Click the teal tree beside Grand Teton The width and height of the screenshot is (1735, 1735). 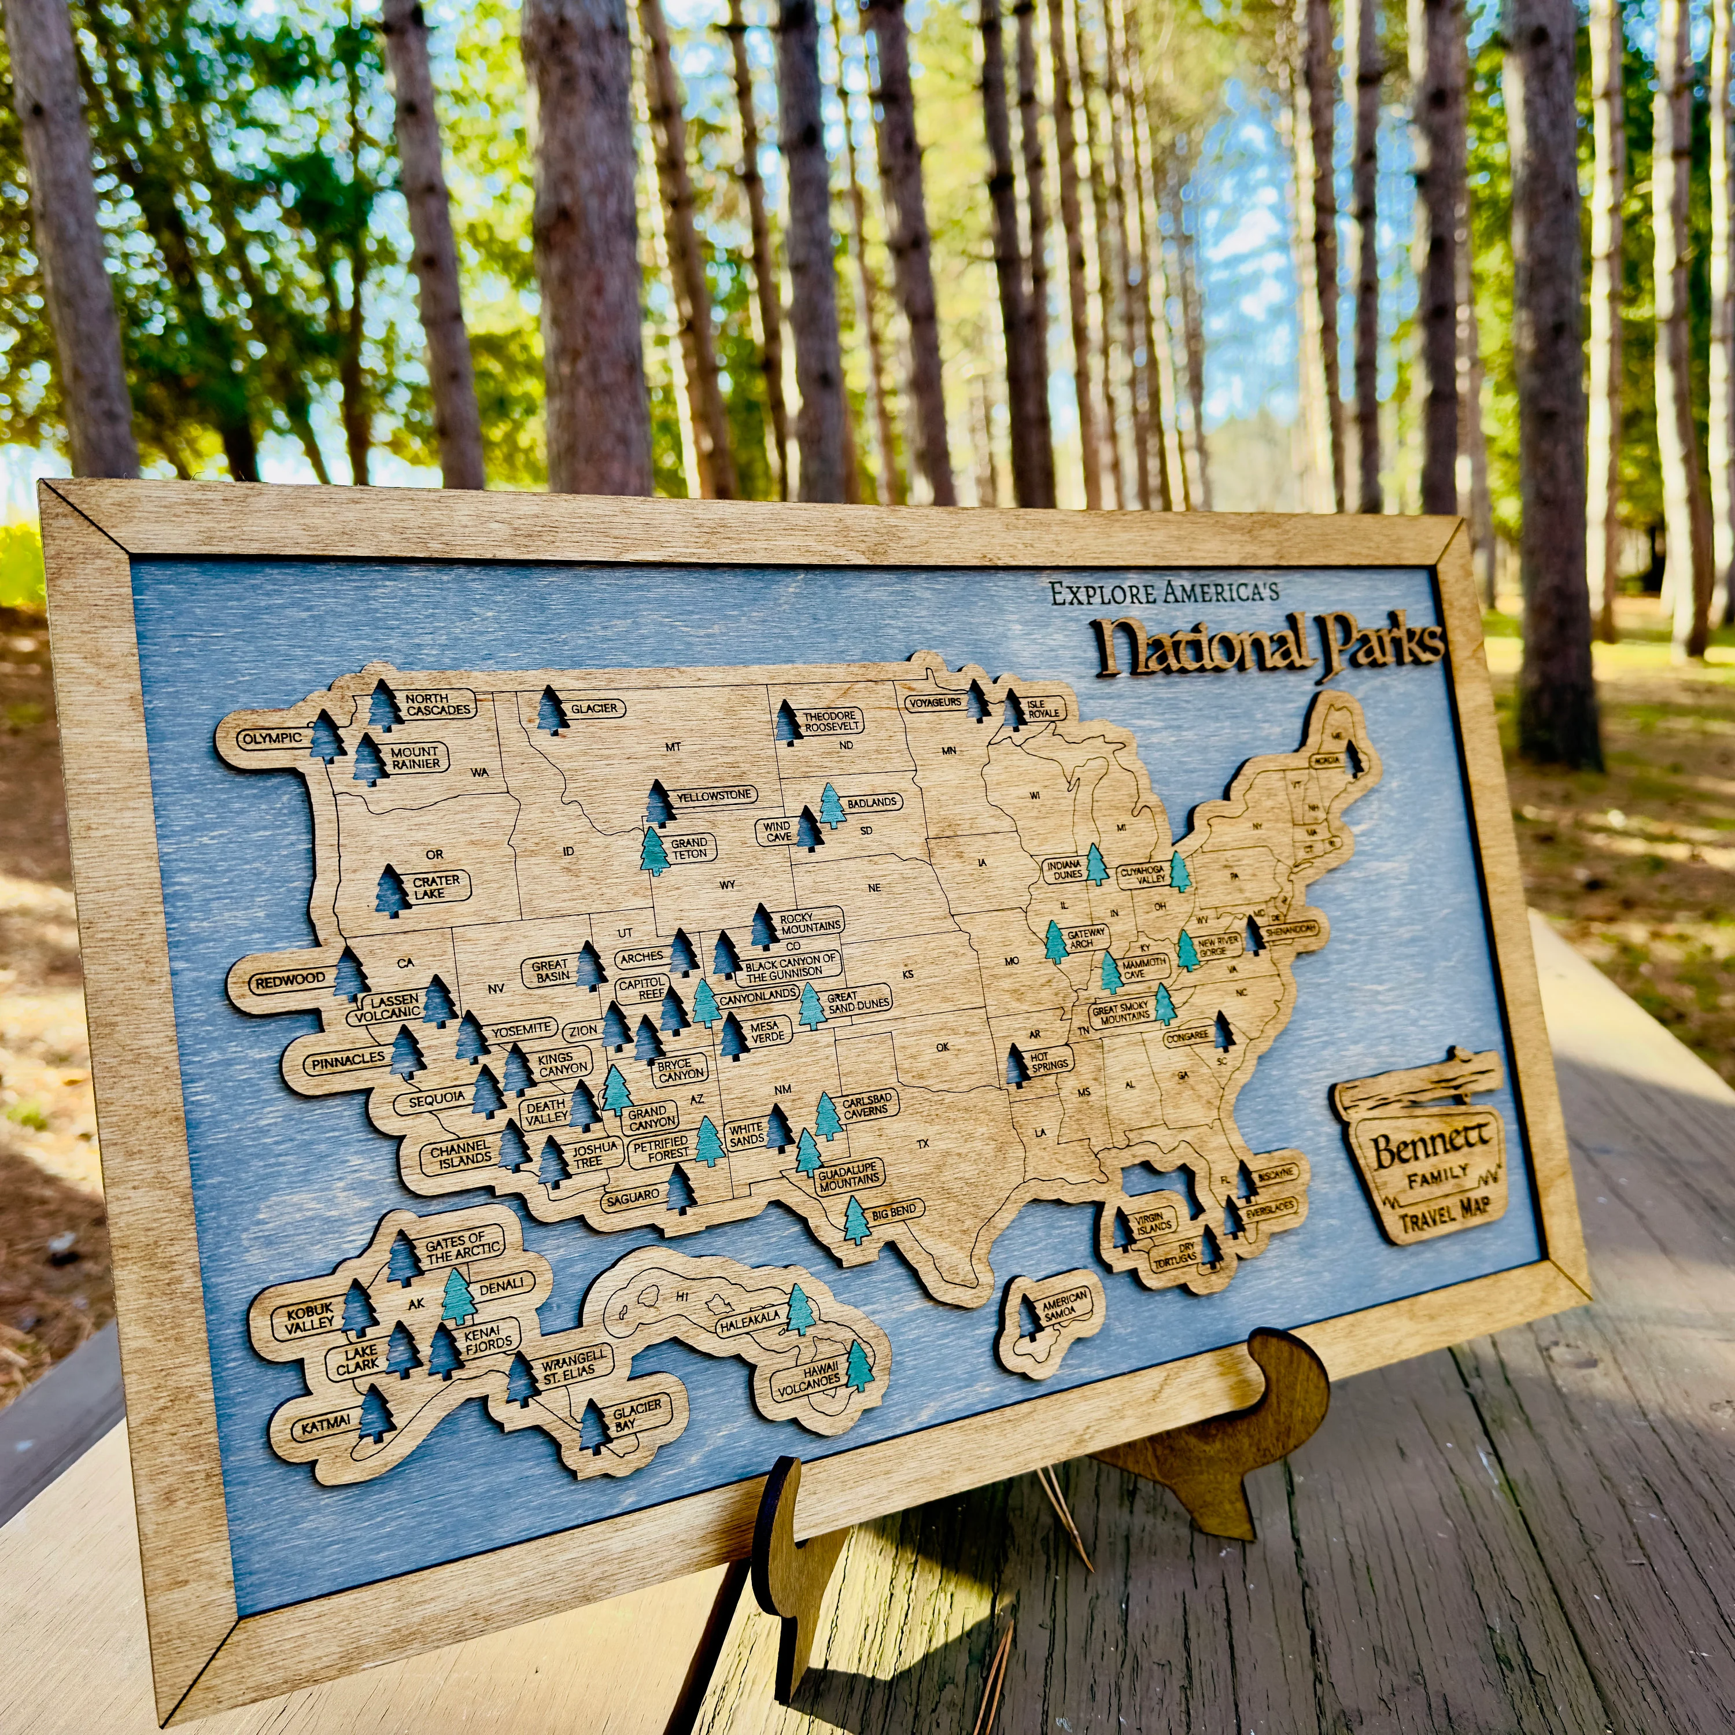(x=655, y=851)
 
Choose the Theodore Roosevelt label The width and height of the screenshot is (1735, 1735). (x=832, y=721)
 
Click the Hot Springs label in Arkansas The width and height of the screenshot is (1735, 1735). (x=1049, y=1061)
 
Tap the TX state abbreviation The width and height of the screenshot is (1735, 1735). (x=922, y=1144)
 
